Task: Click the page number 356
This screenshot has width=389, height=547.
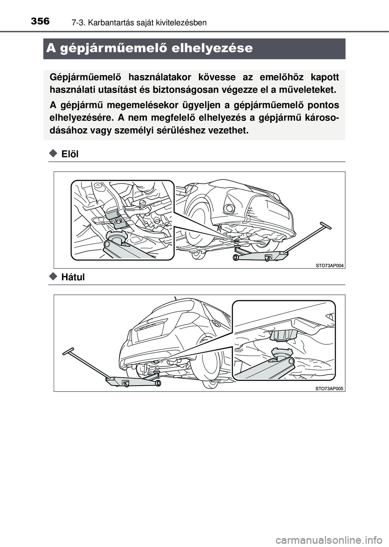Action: pyautogui.click(x=40, y=21)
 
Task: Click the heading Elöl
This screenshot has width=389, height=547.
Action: pyautogui.click(x=70, y=154)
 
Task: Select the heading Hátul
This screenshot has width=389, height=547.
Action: pyautogui.click(x=73, y=277)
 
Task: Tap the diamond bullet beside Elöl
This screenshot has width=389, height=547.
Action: pyautogui.click(x=53, y=153)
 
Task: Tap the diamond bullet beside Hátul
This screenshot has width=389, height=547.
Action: pyautogui.click(x=53, y=276)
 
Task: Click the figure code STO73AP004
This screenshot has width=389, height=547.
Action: pyautogui.click(x=329, y=265)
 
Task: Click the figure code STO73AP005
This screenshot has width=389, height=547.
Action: pyautogui.click(x=329, y=388)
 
